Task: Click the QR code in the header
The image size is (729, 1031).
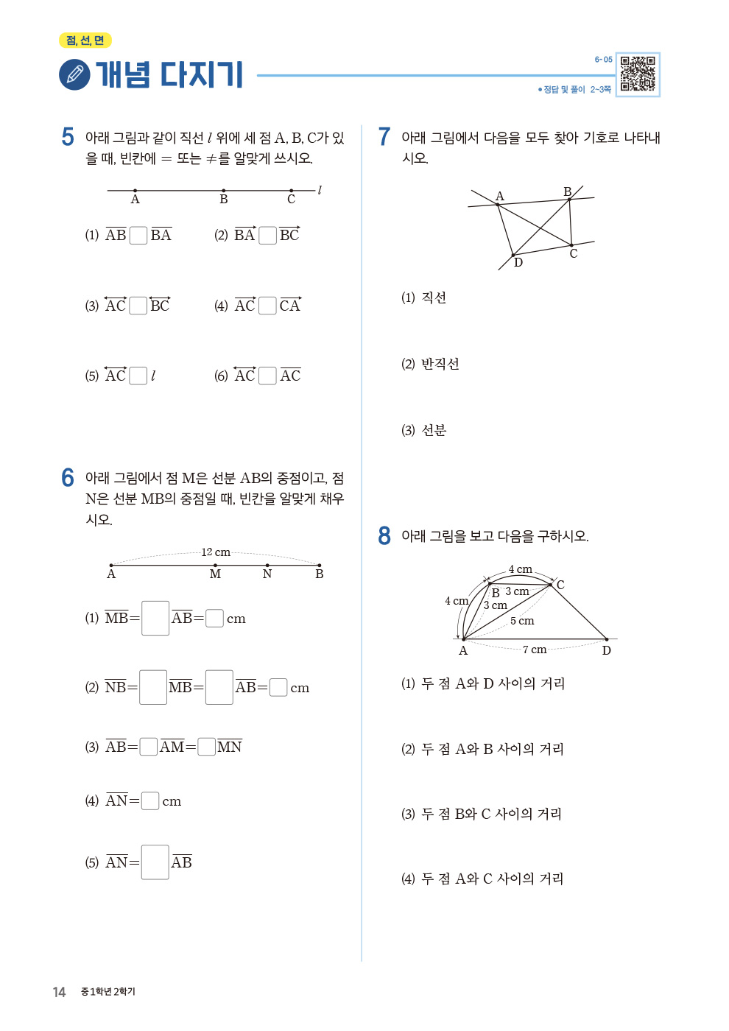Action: click(x=637, y=74)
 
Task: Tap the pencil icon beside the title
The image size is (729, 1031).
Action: click(x=74, y=75)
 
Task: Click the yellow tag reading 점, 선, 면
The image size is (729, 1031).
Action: click(x=85, y=41)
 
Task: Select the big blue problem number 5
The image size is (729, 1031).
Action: click(x=68, y=137)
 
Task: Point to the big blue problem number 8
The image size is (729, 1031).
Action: click(x=384, y=535)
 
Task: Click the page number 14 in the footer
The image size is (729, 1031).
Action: click(x=59, y=992)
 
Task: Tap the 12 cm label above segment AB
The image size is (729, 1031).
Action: click(x=216, y=552)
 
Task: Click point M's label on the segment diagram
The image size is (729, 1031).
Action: click(x=215, y=574)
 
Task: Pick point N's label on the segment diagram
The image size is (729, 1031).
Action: click(x=267, y=574)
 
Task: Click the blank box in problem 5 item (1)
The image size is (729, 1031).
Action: click(x=138, y=235)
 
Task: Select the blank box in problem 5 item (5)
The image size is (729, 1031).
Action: click(x=138, y=376)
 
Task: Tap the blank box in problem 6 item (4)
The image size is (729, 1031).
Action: click(x=150, y=800)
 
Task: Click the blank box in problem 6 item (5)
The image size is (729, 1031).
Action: click(x=155, y=862)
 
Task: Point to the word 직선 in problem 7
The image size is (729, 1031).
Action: click(x=434, y=298)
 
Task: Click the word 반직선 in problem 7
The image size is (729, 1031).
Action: click(x=440, y=364)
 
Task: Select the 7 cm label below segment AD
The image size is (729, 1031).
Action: click(x=535, y=650)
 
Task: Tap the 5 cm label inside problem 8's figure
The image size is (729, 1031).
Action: click(x=522, y=621)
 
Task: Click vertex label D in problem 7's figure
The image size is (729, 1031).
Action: click(x=518, y=263)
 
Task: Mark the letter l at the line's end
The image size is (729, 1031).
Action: click(x=320, y=190)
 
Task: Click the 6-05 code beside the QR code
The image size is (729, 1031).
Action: click(x=603, y=60)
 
